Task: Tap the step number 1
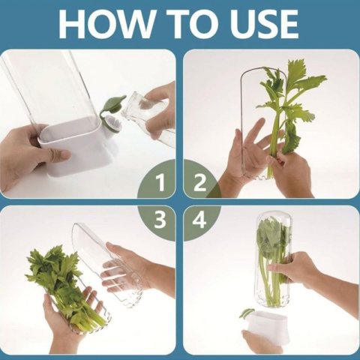click(x=160, y=183)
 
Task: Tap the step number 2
click(x=200, y=183)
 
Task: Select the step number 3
click(x=160, y=219)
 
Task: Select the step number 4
click(x=199, y=219)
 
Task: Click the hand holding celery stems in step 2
click(x=291, y=172)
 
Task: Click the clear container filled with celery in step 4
click(x=274, y=260)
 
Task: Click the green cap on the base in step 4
click(x=246, y=313)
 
